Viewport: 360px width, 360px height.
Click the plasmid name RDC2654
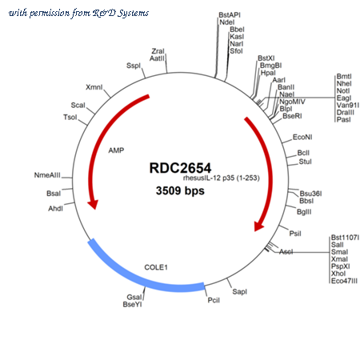pyautogui.click(x=180, y=168)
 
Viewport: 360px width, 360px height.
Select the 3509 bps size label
pyautogui.click(x=180, y=190)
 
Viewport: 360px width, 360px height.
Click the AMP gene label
pyautogui.click(x=116, y=150)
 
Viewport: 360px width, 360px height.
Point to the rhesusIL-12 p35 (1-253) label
pyautogui.click(x=222, y=178)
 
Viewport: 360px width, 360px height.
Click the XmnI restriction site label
pyautogui.click(x=94, y=87)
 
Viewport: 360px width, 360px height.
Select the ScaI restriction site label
pyautogui.click(x=78, y=105)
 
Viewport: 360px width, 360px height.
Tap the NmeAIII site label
pyautogui.click(x=47, y=175)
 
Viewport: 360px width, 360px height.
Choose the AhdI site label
pyautogui.click(x=55, y=208)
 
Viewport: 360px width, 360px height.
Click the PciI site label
pyautogui.click(x=214, y=300)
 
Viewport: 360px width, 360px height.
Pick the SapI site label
pyautogui.click(x=240, y=291)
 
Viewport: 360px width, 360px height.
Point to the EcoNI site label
pyautogui.click(x=302, y=137)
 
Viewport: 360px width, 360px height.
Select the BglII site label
pyautogui.click(x=304, y=212)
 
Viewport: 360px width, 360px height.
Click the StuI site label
pyautogui.click(x=305, y=162)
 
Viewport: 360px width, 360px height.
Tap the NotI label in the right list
pyautogui.click(x=343, y=90)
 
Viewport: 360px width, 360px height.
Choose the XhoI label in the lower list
pyautogui.click(x=338, y=274)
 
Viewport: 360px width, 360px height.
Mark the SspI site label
pyautogui.click(x=134, y=66)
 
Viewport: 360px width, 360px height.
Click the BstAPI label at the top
pyautogui.click(x=230, y=15)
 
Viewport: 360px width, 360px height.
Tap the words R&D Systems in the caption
pyautogui.click(x=121, y=13)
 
